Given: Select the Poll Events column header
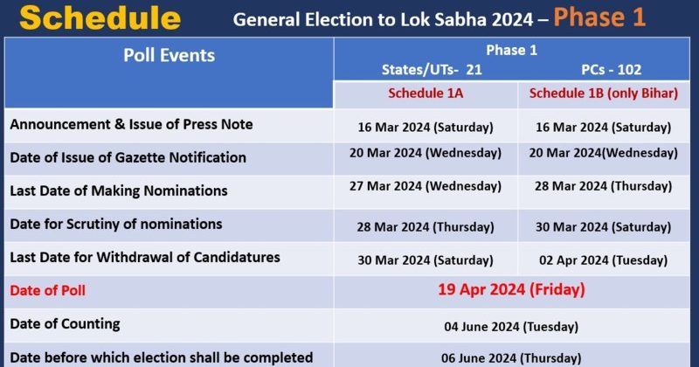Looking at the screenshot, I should [169, 55].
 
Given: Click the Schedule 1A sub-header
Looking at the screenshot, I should [426, 93].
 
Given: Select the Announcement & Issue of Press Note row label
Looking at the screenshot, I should [131, 125].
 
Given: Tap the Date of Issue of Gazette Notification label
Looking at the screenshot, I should [128, 158].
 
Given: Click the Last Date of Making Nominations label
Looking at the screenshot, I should [119, 190].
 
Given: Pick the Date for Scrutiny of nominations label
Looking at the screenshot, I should [116, 225].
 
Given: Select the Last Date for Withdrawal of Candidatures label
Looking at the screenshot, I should [145, 258].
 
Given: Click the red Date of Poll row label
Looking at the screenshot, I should [48, 290].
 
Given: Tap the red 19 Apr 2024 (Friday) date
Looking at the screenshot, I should [511, 289].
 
